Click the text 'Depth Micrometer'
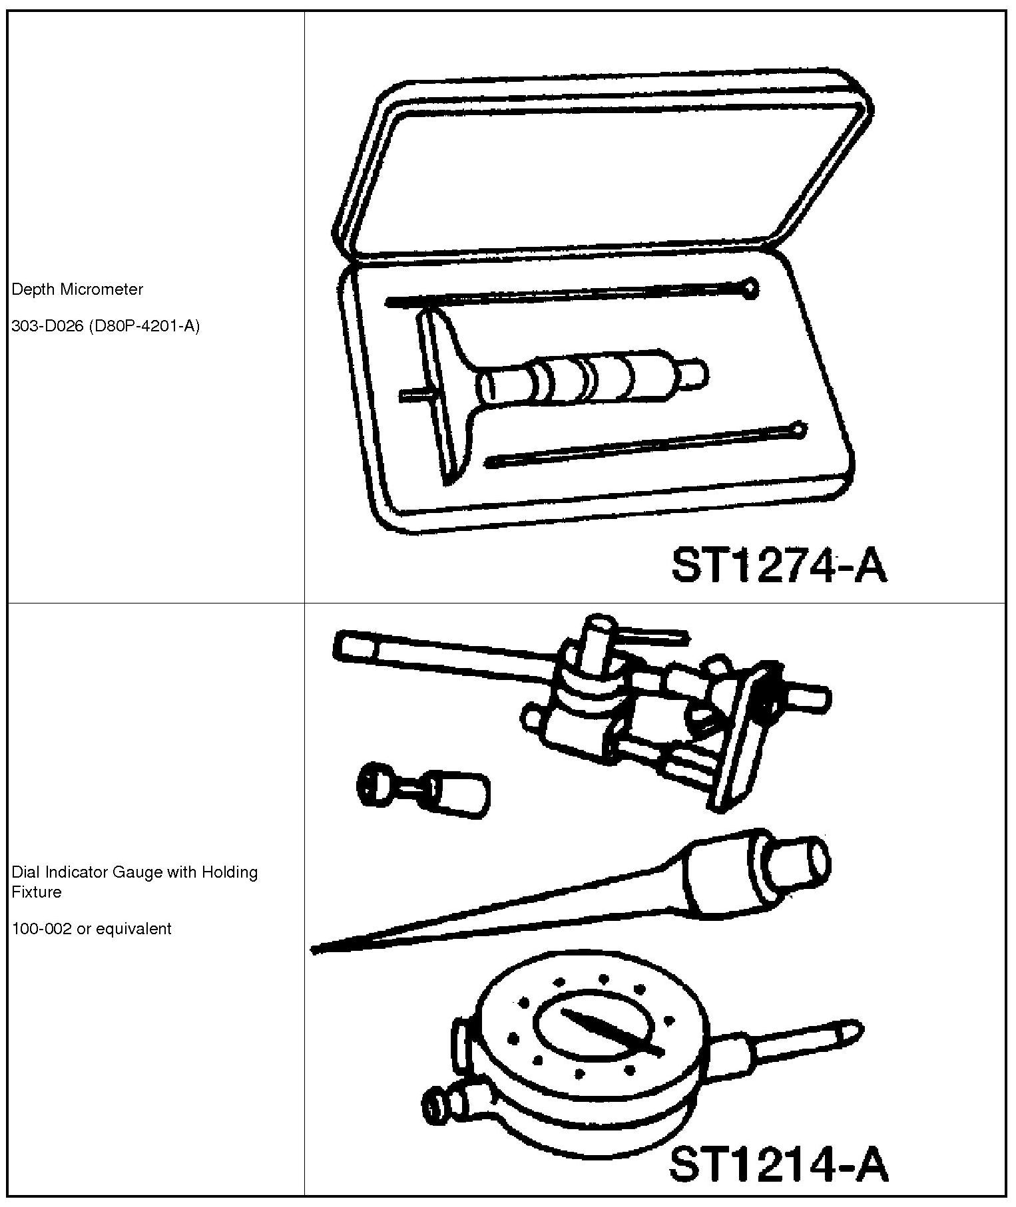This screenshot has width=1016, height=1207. (78, 289)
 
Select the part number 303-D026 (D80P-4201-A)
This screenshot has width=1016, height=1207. (106, 327)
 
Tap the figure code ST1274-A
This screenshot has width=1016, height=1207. (779, 566)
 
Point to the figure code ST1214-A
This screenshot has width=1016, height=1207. (778, 1164)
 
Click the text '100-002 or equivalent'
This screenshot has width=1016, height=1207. (92, 928)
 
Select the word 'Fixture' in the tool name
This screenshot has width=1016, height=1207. (37, 892)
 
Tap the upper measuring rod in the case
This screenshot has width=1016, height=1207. (566, 295)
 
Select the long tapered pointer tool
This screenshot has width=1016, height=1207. (533, 905)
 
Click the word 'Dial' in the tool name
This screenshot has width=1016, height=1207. (25, 872)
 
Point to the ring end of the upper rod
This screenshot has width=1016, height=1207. (750, 287)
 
